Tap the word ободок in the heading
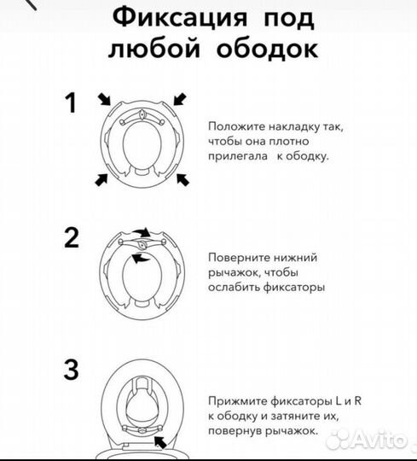click(271, 49)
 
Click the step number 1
click(72, 104)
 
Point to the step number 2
click(72, 236)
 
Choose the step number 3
click(72, 371)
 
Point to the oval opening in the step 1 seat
click(142, 149)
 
